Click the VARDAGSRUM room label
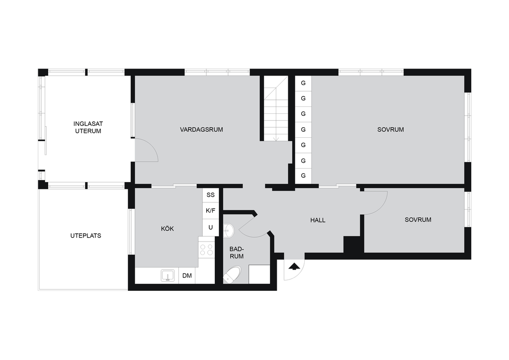coord(201,129)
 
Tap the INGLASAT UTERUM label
coord(88,127)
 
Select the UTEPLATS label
coord(85,236)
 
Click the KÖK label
coord(167,229)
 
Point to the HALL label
coord(318,220)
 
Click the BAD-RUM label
coord(237,253)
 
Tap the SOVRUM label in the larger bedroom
coord(391,129)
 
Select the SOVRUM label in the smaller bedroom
coord(418,220)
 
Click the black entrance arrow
coord(294,267)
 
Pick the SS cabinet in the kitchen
coord(211,195)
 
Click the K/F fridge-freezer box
coord(211,211)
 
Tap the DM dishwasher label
coord(187,275)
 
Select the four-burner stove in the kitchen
coord(206,250)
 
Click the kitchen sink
coord(168,275)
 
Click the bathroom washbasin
coord(228,231)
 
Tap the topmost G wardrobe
coord(303,83)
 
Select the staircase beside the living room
coord(275,108)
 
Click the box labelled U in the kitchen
coord(211,228)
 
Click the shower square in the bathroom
coord(259,274)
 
